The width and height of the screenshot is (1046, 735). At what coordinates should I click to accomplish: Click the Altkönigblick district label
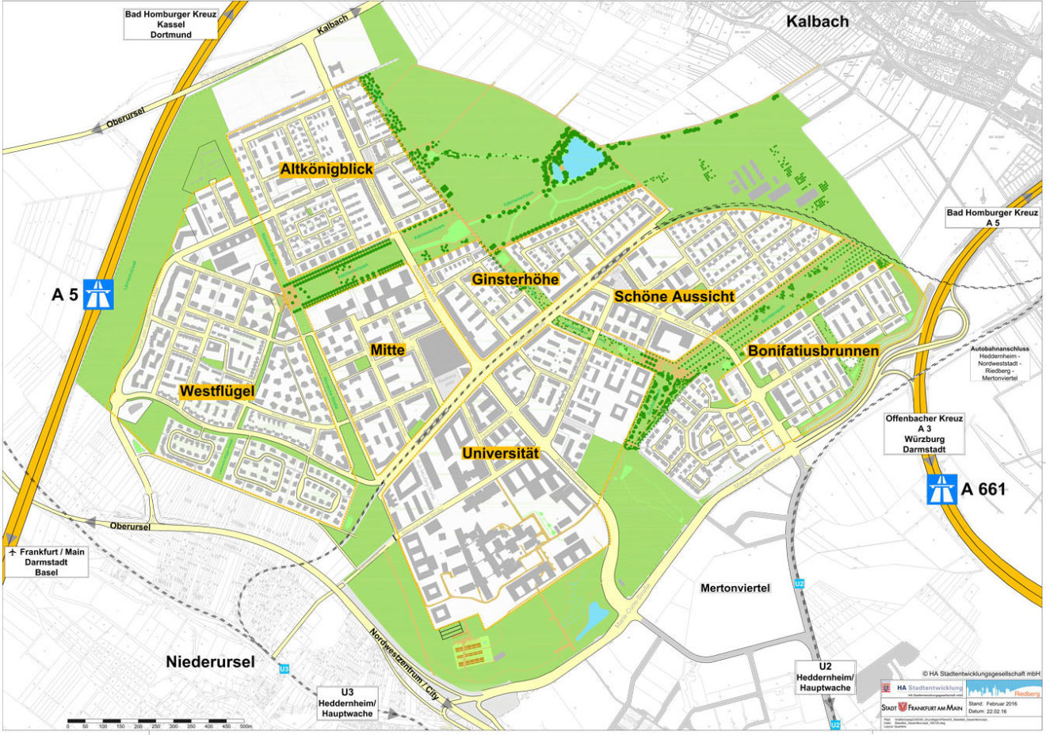click(x=326, y=169)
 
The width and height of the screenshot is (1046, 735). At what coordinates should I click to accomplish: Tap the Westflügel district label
click(x=216, y=391)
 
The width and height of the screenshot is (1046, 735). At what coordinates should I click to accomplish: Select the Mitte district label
click(x=387, y=349)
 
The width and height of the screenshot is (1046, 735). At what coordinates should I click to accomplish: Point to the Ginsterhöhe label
click(x=515, y=279)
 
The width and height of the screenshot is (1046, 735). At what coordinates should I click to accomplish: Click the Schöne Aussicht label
click(x=674, y=296)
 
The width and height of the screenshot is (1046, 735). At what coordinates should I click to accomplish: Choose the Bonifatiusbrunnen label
click(x=813, y=350)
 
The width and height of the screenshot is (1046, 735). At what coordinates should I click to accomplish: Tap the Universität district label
click(x=500, y=454)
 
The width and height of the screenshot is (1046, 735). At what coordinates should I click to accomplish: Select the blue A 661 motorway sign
click(x=942, y=489)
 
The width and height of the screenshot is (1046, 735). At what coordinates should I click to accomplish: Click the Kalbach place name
click(x=817, y=21)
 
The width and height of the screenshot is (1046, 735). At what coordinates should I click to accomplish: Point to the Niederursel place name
click(x=210, y=661)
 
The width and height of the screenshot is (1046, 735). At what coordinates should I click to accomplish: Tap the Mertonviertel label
click(x=735, y=588)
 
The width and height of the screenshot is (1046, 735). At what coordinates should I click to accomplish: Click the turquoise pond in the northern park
click(x=582, y=158)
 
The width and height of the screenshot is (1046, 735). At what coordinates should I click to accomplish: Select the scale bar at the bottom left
click(x=159, y=723)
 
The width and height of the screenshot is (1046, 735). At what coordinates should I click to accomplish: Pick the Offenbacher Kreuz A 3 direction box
click(x=924, y=433)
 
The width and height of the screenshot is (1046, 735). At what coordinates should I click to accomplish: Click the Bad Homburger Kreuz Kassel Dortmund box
click(x=170, y=25)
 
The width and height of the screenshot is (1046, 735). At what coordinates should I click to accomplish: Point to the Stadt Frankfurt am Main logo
click(x=922, y=706)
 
